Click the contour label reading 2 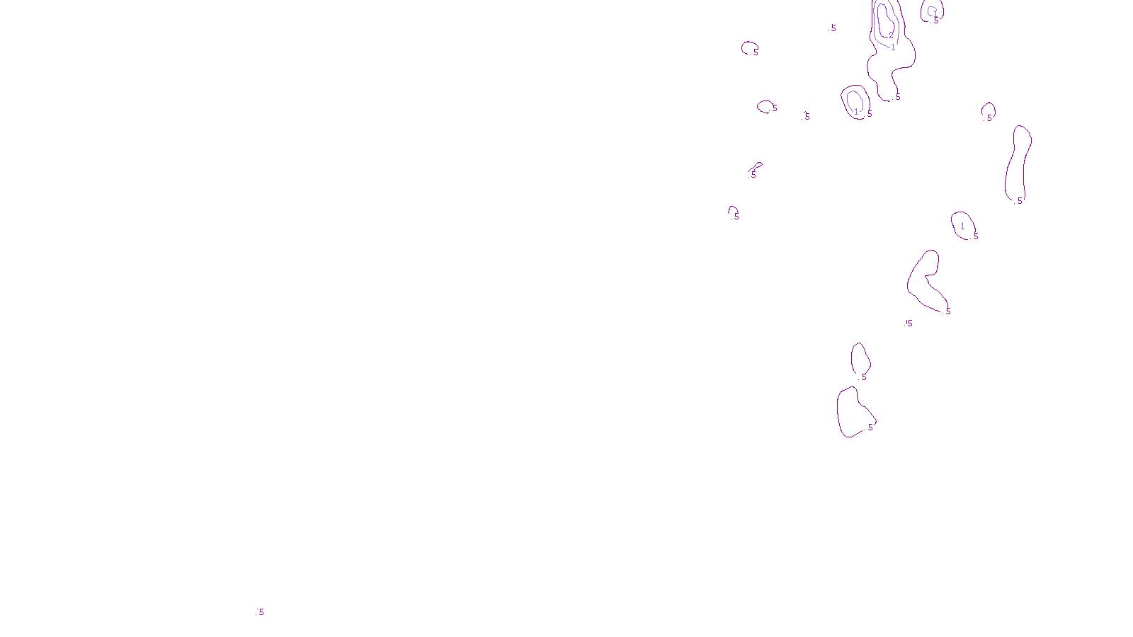click(x=891, y=35)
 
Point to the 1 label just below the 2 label click(x=893, y=48)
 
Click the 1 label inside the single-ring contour click(x=962, y=226)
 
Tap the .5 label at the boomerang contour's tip click(x=947, y=311)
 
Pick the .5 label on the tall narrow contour click(x=1019, y=201)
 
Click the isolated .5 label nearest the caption click(x=260, y=612)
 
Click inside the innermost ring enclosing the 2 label click(x=884, y=18)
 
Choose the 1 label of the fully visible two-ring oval click(x=856, y=112)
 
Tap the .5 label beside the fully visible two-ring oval click(x=869, y=114)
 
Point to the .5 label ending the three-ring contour click(x=897, y=97)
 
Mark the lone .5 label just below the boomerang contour click(x=909, y=323)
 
